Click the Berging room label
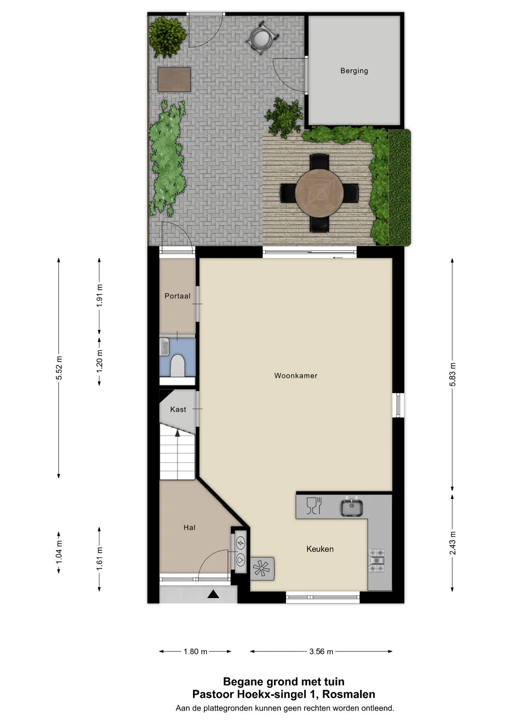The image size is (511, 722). point(354,71)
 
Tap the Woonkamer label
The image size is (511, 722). point(296,376)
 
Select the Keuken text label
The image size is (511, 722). point(320,549)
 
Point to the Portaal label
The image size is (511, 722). point(177,296)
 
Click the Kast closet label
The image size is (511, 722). point(178,410)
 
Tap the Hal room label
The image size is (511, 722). point(189,528)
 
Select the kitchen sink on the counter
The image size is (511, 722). point(351,506)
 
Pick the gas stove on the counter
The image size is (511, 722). point(377,560)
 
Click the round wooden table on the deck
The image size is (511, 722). point(319,193)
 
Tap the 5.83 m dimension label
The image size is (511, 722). point(453,374)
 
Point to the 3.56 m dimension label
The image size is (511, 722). point(321,652)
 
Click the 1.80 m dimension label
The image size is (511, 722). point(195,652)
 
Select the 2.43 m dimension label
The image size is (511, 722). point(453,543)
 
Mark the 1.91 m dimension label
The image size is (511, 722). point(99,296)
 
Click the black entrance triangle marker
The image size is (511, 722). point(213,594)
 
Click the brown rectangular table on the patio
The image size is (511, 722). point(174,79)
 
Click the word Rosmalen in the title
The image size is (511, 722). point(349,694)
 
